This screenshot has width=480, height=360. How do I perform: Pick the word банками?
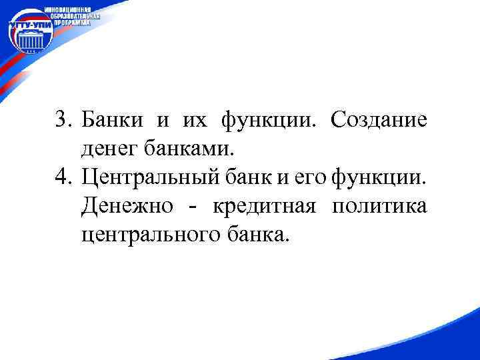197,149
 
